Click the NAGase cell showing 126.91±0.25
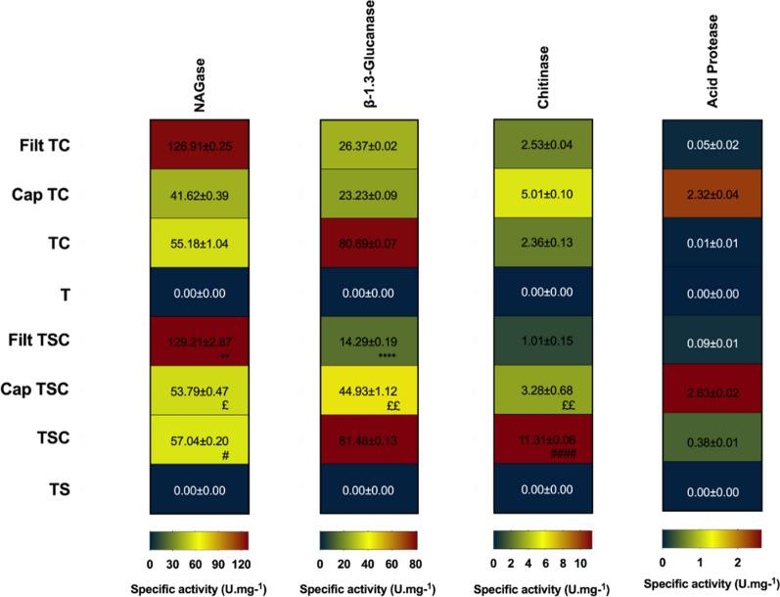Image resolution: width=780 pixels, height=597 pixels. pyautogui.click(x=199, y=147)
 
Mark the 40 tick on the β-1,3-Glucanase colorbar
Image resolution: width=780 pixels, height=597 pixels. pyautogui.click(x=368, y=565)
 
